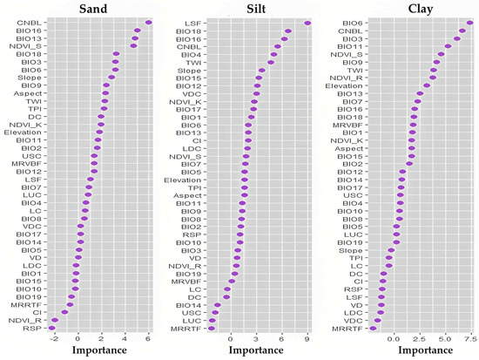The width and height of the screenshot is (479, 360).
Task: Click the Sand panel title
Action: point(100,9)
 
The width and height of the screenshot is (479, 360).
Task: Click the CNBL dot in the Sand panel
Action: point(149,23)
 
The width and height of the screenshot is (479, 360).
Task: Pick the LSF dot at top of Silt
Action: point(307,23)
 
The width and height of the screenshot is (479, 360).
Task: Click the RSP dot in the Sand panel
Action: point(52,329)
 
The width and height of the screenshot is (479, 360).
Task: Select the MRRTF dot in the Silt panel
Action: point(211,329)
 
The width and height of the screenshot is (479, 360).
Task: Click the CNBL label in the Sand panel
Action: point(27,23)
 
